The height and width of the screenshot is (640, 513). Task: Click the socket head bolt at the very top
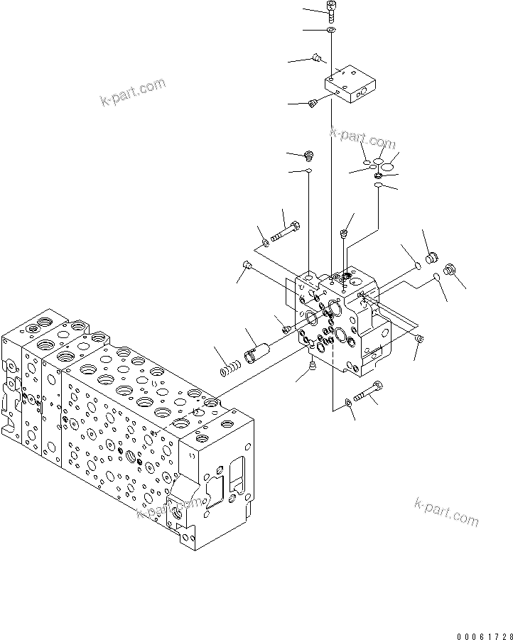pos(332,11)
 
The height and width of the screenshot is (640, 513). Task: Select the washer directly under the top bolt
pos(332,31)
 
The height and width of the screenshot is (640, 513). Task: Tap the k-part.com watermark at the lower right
pos(446,511)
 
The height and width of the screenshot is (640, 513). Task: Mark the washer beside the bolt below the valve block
pos(348,403)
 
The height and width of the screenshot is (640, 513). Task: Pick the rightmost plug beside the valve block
pos(449,269)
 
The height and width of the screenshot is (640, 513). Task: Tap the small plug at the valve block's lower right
pos(419,339)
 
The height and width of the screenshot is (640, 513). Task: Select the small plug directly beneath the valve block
pos(313,365)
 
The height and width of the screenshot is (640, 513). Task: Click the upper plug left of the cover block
pos(318,56)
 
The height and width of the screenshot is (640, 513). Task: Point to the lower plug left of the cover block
pos(312,104)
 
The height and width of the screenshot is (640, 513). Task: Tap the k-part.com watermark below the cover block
pos(362,139)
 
